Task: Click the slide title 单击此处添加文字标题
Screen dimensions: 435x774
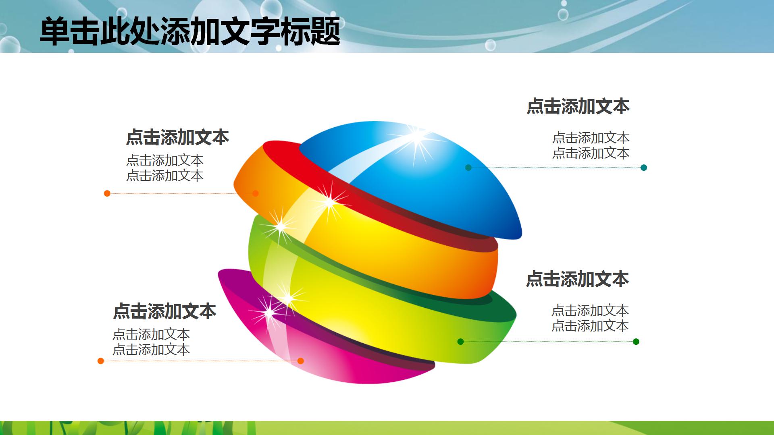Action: pos(189,31)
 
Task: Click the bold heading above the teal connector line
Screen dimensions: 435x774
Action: pos(578,106)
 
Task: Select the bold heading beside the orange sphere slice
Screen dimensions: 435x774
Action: pos(177,137)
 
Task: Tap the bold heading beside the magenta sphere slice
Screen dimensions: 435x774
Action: pos(164,311)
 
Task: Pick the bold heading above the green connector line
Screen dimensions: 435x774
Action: pos(577,279)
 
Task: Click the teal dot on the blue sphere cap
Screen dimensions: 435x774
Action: pos(468,168)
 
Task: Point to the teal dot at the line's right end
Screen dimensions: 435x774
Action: pos(644,168)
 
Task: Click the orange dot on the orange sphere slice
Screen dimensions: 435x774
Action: pos(255,193)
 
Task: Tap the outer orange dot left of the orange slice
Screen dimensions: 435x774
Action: pos(107,193)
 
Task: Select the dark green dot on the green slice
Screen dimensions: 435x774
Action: pos(461,342)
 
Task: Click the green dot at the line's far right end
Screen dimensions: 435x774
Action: pos(636,342)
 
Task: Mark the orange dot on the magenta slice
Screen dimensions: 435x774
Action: pos(300,361)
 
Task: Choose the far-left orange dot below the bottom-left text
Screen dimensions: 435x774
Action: pos(101,361)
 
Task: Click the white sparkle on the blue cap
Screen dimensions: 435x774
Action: pos(416,137)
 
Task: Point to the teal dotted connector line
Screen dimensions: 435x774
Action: pos(556,168)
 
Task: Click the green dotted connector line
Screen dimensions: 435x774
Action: pos(548,342)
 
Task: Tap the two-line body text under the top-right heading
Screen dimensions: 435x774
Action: pos(591,145)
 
